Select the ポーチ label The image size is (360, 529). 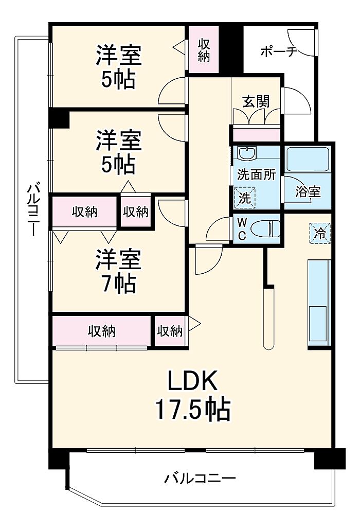[x=279, y=51]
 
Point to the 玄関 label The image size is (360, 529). [x=256, y=101]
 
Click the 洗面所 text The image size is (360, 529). [x=257, y=174]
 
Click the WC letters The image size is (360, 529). [x=242, y=229]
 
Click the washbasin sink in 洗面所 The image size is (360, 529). [x=247, y=153]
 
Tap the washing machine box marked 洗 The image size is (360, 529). [x=245, y=198]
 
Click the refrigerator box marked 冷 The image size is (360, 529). [x=320, y=233]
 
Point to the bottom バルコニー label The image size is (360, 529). [x=200, y=478]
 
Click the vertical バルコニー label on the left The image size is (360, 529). [x=34, y=209]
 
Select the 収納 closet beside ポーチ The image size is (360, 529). [x=204, y=49]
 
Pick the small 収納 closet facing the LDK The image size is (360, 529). [x=170, y=331]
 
